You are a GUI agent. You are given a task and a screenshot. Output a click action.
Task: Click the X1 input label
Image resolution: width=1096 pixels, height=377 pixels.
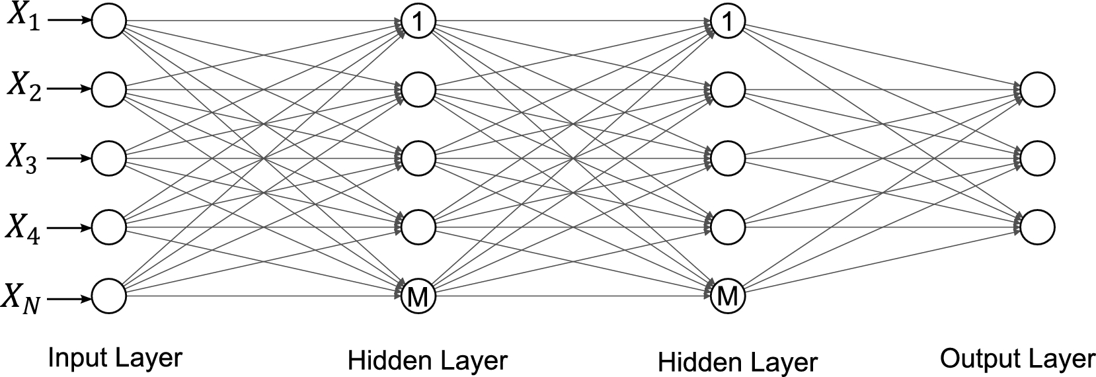tap(24, 19)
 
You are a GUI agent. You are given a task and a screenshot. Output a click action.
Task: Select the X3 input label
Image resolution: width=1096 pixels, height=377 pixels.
tap(24, 158)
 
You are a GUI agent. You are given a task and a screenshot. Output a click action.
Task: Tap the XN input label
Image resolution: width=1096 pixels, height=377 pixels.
tap(24, 298)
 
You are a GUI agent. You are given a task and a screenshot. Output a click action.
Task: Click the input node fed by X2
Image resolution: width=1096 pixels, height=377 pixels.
tap(108, 89)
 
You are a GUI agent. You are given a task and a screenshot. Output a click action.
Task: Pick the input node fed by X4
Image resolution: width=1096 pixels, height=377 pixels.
tap(108, 227)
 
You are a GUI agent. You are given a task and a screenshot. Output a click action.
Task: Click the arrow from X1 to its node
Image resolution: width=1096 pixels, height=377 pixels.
tap(69, 21)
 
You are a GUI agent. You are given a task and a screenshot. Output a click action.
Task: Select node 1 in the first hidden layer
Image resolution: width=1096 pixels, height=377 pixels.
tap(418, 21)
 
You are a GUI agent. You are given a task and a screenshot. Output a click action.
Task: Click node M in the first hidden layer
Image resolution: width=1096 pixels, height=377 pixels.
tap(418, 296)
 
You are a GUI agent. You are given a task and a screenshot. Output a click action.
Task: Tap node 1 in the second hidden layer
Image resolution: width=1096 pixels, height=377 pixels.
tap(727, 21)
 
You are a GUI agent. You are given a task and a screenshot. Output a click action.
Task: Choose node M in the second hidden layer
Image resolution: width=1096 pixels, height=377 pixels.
tap(727, 296)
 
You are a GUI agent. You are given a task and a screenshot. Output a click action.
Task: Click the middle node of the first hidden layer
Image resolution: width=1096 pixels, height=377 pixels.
tap(418, 159)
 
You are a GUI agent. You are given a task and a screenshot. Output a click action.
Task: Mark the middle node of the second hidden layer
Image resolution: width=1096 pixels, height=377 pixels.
tap(727, 159)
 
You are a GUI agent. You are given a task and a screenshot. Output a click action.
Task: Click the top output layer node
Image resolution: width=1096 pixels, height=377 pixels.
tap(1037, 89)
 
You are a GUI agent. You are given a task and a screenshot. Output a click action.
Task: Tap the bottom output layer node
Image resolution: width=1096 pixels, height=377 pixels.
tap(1037, 227)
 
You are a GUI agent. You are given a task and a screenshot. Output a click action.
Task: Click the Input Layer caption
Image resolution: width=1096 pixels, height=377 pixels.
tap(115, 358)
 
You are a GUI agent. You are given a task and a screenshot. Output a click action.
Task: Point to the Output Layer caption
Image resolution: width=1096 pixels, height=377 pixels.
tap(1017, 359)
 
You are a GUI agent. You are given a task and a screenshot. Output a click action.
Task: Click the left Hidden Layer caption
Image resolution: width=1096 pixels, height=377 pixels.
tap(427, 361)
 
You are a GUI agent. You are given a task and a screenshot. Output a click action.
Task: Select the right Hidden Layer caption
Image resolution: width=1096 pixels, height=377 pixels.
tap(738, 362)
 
